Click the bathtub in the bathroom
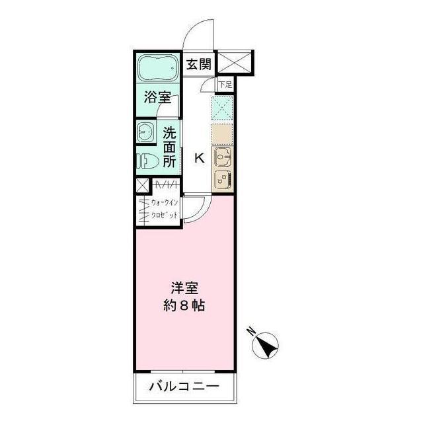click(158, 68)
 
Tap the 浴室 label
click(157, 98)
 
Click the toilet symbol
click(146, 161)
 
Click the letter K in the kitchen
click(198, 158)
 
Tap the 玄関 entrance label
click(197, 64)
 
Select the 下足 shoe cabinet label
click(226, 84)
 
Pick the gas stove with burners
click(223, 179)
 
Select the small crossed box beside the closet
click(143, 186)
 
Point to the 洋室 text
click(185, 289)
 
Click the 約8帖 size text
click(185, 307)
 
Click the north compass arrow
click(266, 344)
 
